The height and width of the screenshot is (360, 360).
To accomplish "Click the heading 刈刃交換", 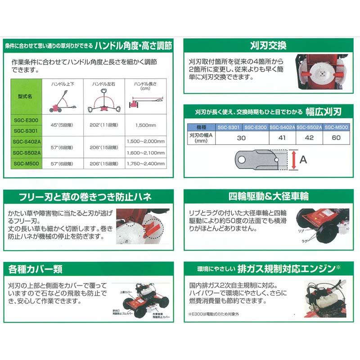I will tap(268, 45).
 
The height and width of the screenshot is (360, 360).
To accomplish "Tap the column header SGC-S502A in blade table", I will tap(309, 128).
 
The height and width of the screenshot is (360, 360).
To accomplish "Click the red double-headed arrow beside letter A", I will tap(293, 160).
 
